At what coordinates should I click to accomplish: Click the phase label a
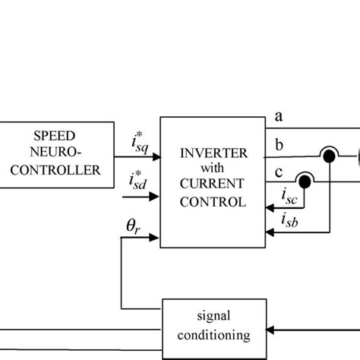[x=279, y=116]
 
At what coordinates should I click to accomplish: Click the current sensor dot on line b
[x=329, y=156]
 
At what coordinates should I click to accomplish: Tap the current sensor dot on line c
[x=304, y=182]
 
